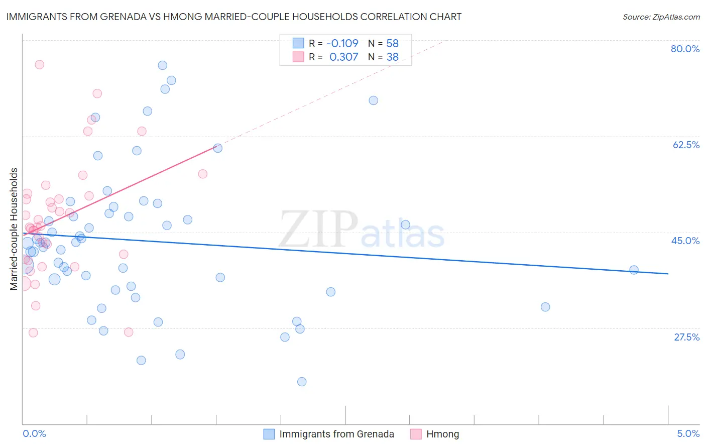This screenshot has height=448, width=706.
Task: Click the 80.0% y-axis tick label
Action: (685, 49)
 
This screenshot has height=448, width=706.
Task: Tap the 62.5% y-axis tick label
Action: (686, 145)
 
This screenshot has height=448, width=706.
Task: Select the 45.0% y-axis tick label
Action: (685, 241)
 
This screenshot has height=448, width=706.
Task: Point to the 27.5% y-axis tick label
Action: (686, 337)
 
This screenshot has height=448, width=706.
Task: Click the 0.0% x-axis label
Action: (34, 433)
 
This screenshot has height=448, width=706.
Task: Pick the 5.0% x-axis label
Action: (688, 433)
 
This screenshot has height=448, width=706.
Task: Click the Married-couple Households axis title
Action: (14, 229)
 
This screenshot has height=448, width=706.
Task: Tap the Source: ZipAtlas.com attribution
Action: (661, 17)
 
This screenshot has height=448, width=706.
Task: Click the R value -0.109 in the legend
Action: (342, 43)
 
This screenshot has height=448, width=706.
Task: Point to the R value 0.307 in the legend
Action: (343, 57)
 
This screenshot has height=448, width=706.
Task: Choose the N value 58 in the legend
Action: (392, 43)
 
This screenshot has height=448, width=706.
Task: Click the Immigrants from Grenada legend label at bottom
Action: (336, 434)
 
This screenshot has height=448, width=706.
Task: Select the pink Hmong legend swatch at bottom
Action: (416, 434)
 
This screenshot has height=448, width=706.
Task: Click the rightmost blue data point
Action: (634, 270)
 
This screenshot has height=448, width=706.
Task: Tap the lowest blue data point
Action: (302, 382)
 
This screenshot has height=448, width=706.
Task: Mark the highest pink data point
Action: (39, 64)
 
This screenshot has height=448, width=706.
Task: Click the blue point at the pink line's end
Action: (217, 148)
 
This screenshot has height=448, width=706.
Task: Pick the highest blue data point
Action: (162, 65)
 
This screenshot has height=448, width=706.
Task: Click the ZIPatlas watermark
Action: (362, 230)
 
